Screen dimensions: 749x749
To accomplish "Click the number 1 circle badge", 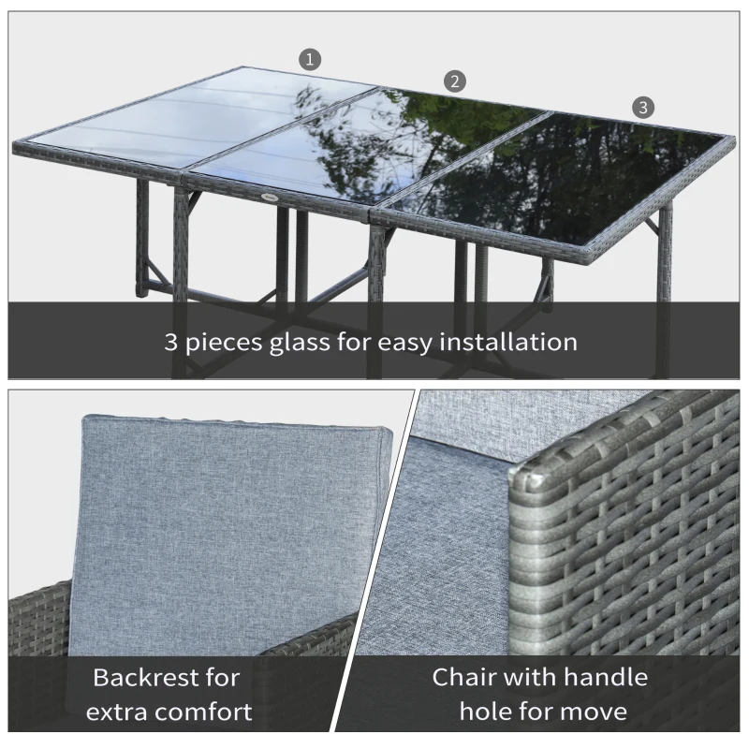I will (310, 59).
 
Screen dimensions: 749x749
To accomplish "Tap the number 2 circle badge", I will (454, 81).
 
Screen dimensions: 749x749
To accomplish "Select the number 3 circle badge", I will (642, 107).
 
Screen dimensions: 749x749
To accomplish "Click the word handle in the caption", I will (597, 677).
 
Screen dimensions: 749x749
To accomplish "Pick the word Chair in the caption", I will (465, 677).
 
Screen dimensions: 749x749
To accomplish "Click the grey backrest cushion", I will (234, 524).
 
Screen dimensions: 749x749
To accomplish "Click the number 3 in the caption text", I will (172, 341).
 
